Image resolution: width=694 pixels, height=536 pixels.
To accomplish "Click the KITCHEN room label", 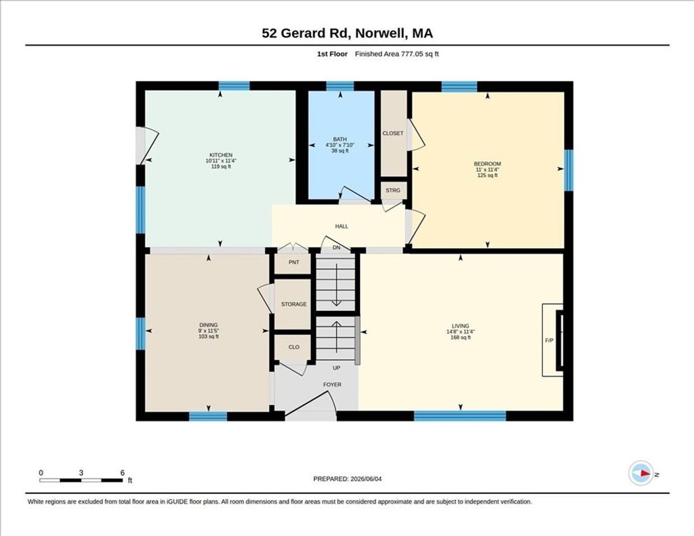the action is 221,155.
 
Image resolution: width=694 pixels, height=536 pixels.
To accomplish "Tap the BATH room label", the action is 340,139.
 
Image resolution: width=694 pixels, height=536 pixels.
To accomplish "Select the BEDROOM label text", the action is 487,164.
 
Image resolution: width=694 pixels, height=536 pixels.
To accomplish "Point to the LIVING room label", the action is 460,326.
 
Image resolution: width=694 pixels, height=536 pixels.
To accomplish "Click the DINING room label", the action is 209,325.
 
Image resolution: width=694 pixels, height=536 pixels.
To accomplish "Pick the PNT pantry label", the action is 294,262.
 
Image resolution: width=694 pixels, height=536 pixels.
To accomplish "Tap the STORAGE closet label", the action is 294,304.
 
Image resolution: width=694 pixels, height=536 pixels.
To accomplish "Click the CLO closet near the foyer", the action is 294,347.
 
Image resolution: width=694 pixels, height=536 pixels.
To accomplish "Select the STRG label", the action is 392,190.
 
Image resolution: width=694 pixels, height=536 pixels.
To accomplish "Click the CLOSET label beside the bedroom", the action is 393,133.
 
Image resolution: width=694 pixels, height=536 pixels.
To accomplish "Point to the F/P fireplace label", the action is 549,340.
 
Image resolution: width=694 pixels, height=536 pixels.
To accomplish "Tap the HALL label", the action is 342,226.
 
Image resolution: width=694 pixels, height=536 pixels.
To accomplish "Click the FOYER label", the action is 332,385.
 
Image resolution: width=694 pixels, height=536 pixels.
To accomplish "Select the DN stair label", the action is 336,247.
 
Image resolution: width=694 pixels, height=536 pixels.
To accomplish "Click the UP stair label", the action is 336,368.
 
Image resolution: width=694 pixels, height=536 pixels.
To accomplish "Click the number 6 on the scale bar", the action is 123,473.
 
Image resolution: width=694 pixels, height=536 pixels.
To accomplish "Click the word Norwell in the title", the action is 381,33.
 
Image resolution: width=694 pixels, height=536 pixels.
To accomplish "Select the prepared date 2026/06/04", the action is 366,478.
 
